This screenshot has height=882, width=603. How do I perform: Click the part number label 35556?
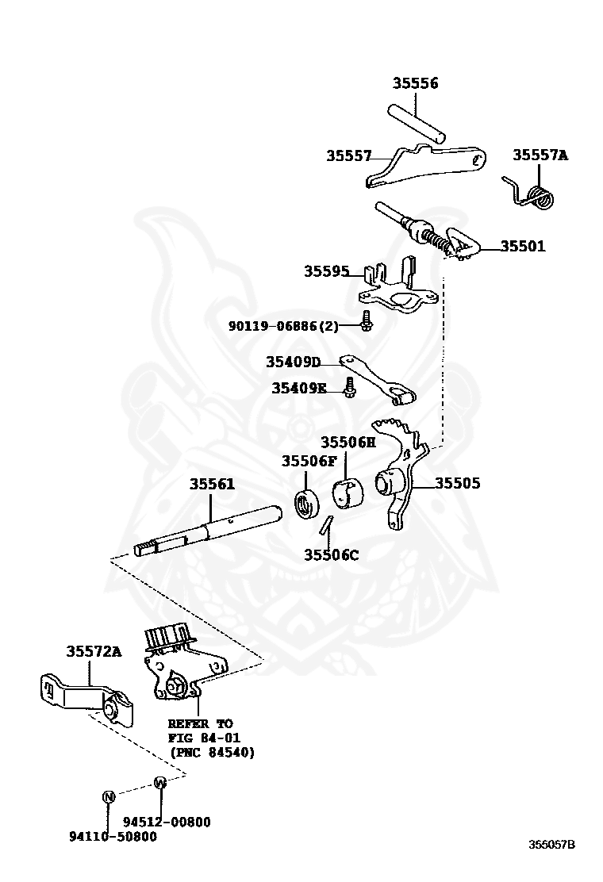click(x=415, y=83)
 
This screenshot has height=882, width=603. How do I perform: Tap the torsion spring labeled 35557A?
click(x=537, y=196)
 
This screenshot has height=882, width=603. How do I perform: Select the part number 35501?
click(x=522, y=246)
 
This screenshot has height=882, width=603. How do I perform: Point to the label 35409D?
click(x=293, y=362)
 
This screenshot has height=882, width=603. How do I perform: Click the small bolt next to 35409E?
click(x=349, y=389)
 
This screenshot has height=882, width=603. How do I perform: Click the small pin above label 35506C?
click(x=326, y=526)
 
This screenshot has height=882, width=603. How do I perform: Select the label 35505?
click(x=457, y=482)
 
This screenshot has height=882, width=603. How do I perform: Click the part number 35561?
click(x=212, y=483)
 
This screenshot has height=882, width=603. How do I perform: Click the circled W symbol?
click(x=159, y=782)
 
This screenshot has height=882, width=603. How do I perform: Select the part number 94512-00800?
click(x=167, y=822)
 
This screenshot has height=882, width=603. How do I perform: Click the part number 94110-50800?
click(x=113, y=837)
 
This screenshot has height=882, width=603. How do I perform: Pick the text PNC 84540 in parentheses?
click(x=211, y=752)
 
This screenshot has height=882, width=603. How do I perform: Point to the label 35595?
click(x=326, y=271)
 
